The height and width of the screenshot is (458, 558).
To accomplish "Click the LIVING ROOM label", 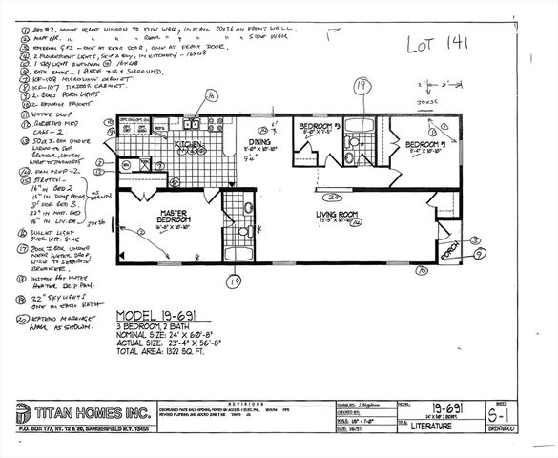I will coord(341,215).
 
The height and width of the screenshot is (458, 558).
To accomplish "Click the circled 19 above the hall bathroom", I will coord(361,86).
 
